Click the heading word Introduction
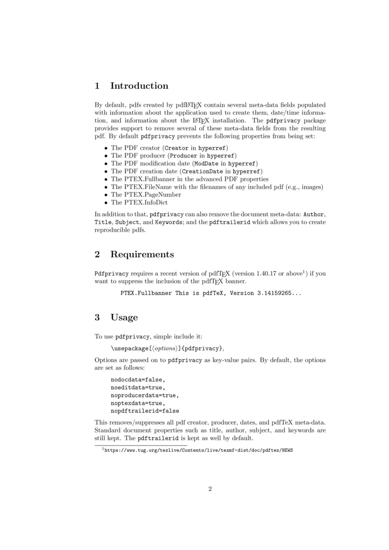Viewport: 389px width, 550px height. pos(139,86)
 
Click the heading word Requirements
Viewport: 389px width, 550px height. pos(142,255)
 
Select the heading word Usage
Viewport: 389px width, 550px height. pos(124,318)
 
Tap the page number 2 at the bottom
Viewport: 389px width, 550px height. pos(210,489)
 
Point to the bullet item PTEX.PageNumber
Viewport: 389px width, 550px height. pos(146,195)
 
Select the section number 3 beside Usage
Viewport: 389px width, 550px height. pos(97,318)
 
